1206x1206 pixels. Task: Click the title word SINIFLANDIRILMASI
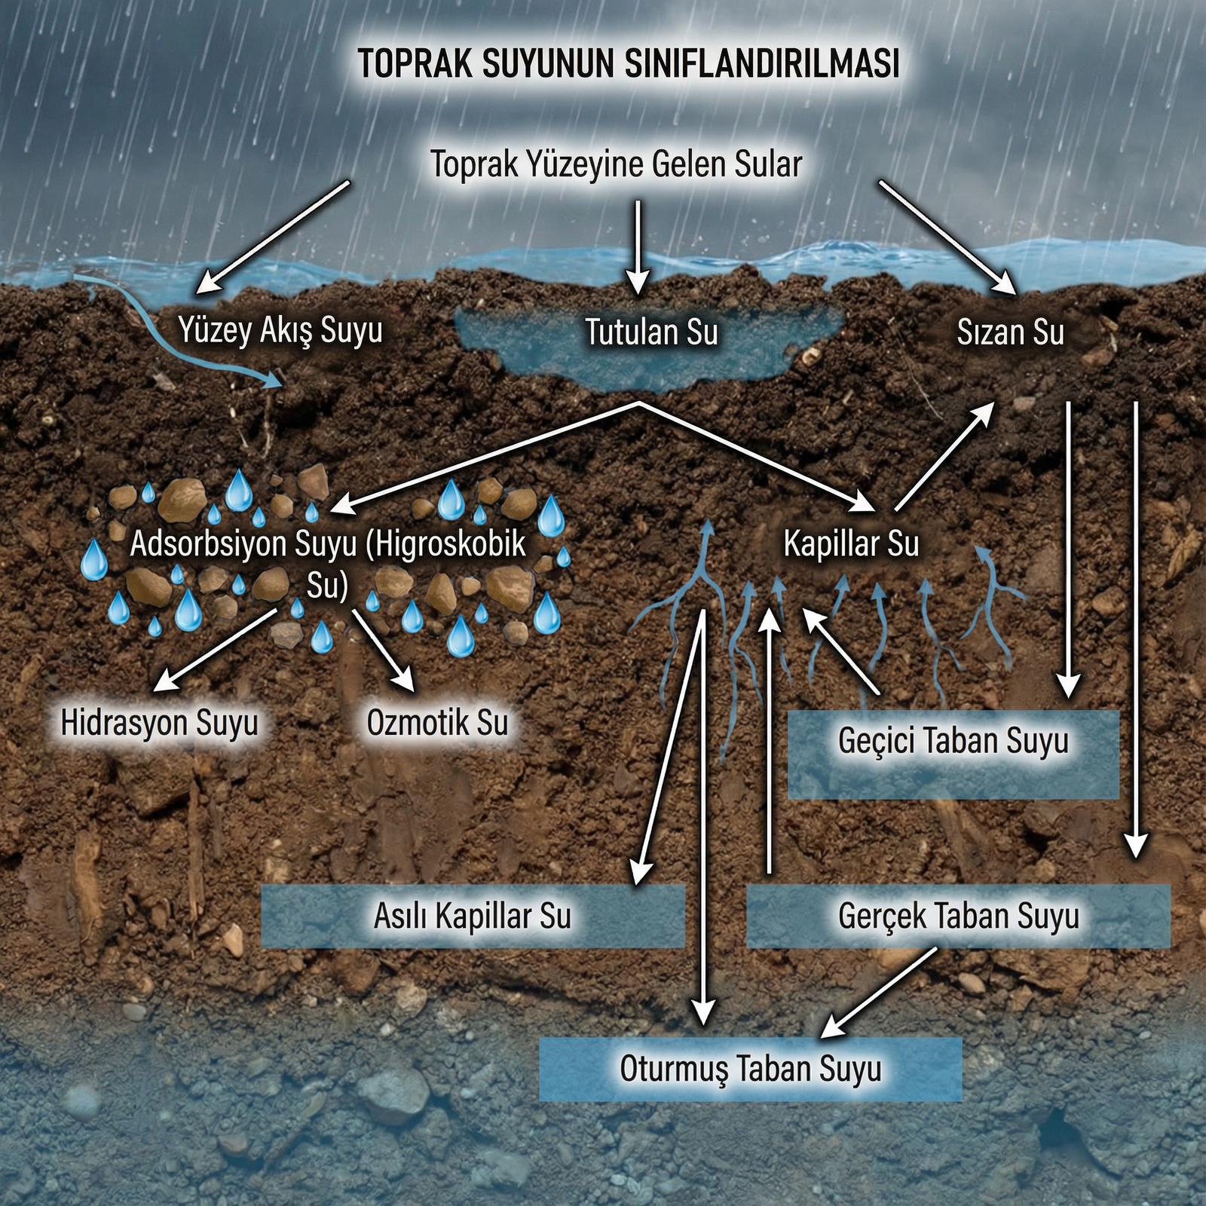coord(762,63)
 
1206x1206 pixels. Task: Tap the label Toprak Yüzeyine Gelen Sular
coord(616,164)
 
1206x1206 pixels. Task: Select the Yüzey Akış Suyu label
coord(280,330)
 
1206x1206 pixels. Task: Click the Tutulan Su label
coord(651,332)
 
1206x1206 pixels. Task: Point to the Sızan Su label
coord(1010,332)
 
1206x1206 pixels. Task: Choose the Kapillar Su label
coord(851,543)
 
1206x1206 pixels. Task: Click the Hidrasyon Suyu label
coord(159,722)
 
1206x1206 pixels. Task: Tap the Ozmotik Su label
coord(437,722)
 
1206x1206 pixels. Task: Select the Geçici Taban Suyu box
coord(953,753)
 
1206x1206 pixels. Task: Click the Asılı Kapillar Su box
coord(473,916)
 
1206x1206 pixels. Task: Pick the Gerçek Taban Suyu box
coord(958,916)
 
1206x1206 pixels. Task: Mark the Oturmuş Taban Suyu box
coord(750,1069)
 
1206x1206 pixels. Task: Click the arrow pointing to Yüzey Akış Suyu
coord(271,237)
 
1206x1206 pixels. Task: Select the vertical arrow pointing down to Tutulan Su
coord(638,246)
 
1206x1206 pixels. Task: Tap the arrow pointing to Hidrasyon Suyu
coord(214,650)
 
